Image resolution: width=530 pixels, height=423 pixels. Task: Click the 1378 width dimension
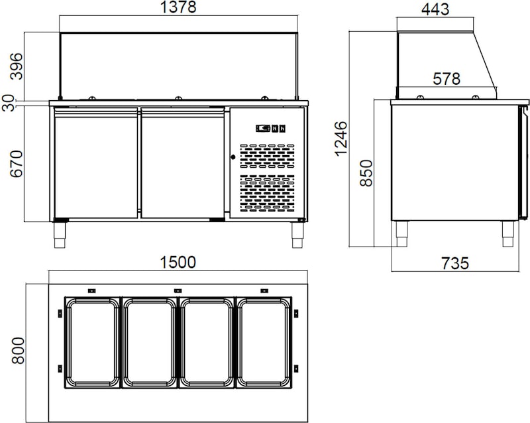[178, 7]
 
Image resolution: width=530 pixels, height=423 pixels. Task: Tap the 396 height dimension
[17, 66]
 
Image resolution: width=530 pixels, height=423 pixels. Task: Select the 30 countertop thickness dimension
[8, 103]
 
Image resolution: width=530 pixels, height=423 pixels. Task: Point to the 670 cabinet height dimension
[17, 164]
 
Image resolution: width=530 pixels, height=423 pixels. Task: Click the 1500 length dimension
[178, 263]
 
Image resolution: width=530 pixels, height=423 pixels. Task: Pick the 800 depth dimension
[18, 351]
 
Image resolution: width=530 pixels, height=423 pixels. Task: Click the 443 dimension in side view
[435, 9]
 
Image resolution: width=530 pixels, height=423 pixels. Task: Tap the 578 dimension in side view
[447, 79]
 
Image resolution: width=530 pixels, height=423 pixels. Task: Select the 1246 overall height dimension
[341, 139]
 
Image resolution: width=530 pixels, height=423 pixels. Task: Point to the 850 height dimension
[366, 173]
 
